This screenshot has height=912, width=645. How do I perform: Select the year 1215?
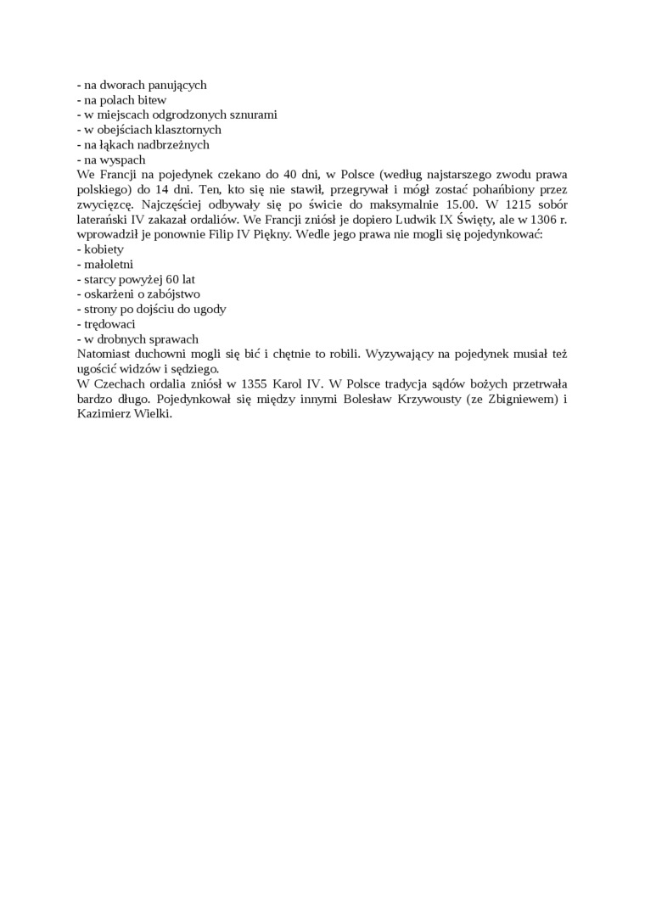pyautogui.click(x=519, y=204)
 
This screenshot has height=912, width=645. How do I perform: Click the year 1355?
pyautogui.click(x=251, y=384)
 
